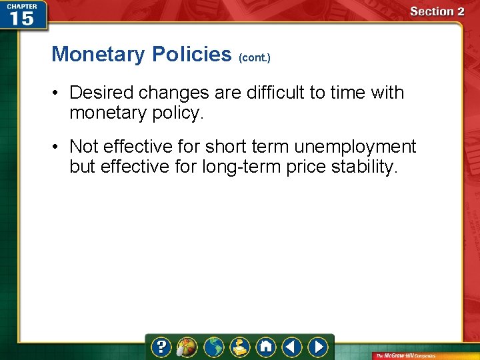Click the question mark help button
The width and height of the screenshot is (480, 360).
[x=162, y=347]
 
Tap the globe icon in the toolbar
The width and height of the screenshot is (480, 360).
[x=214, y=347]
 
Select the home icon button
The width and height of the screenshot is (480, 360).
[x=266, y=347]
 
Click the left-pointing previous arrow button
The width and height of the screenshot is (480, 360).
[x=291, y=347]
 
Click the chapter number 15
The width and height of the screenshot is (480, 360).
[x=22, y=19]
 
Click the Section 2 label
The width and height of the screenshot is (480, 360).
[x=437, y=11]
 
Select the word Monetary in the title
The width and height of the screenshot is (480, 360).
[x=99, y=54]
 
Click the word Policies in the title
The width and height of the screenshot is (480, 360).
[x=191, y=54]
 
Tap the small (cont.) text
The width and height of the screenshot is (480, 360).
[x=254, y=58]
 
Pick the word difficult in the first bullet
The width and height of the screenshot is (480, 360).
[x=277, y=93]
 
